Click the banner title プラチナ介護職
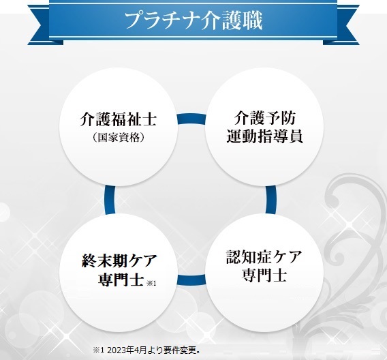point(193,21)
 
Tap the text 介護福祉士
point(119,119)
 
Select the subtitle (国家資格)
point(119,137)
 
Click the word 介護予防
point(264,118)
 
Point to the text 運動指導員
point(264,136)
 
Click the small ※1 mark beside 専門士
point(151,283)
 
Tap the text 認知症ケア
point(264,257)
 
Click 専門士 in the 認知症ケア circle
point(264,275)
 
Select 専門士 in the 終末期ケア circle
point(121,280)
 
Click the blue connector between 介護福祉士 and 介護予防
point(191,119)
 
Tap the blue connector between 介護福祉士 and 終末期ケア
point(110,200)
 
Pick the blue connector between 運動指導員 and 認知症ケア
point(270,200)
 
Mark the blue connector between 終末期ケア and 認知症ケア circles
point(191,280)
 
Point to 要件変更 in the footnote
point(182,350)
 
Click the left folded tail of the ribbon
point(42,25)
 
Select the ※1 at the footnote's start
point(99,350)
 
